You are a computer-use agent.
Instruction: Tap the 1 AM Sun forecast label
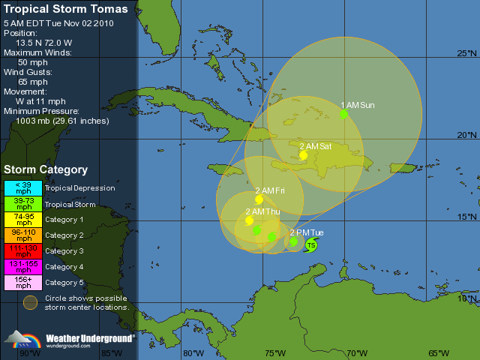click(x=358, y=105)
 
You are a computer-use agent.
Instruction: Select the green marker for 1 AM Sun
click(x=343, y=114)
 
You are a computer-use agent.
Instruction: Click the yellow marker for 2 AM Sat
click(x=304, y=155)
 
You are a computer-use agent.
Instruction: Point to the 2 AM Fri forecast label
click(x=270, y=190)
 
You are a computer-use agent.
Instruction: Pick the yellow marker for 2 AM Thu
click(x=250, y=220)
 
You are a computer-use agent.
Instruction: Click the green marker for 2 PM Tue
click(x=294, y=241)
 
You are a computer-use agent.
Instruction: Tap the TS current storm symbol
click(x=311, y=245)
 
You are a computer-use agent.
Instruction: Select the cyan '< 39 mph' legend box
click(x=25, y=187)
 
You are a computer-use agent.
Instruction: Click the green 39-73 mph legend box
click(x=25, y=203)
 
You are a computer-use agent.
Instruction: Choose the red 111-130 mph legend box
click(x=25, y=250)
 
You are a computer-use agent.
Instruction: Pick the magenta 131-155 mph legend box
click(x=25, y=266)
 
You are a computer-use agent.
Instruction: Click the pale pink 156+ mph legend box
click(x=25, y=282)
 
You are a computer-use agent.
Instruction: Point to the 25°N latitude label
click(x=467, y=53)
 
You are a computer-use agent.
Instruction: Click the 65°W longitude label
click(x=439, y=353)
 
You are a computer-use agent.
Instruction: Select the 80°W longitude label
click(x=193, y=353)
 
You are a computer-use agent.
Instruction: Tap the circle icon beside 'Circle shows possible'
click(x=29, y=302)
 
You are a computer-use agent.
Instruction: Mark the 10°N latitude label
click(x=467, y=298)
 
